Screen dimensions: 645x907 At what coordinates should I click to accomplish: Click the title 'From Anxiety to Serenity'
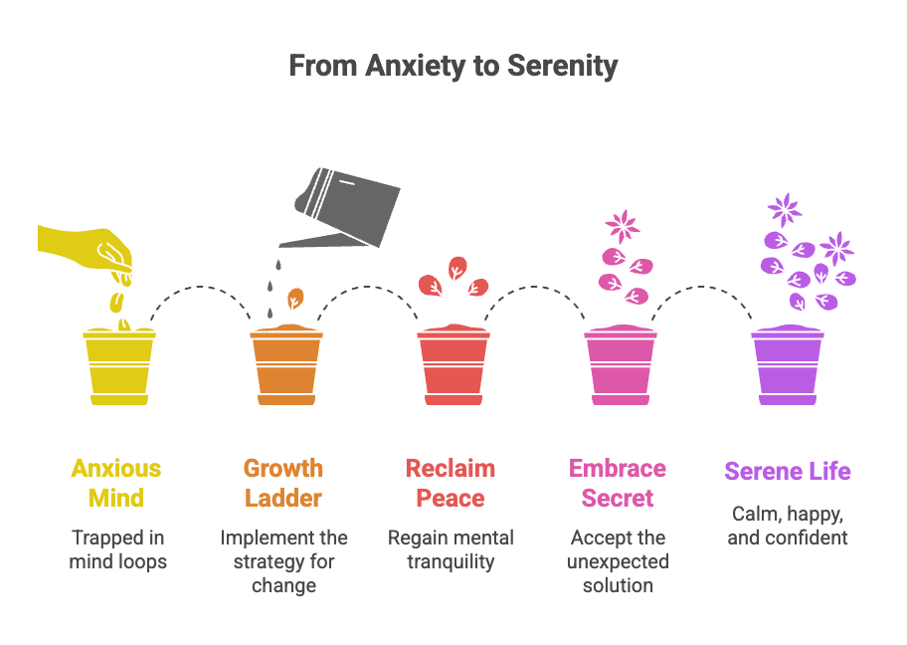453,67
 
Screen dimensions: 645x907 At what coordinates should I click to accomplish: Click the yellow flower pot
119,365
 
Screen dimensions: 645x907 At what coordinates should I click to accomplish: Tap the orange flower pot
286,365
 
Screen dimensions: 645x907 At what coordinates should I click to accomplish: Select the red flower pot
453,365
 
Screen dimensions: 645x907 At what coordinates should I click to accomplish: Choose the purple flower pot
788,365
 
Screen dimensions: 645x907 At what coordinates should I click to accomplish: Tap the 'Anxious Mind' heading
116,483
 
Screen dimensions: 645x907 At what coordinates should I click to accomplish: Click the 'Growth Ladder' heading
283,483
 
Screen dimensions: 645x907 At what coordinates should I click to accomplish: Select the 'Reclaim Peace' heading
451,483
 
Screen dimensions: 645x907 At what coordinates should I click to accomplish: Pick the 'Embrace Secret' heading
618,483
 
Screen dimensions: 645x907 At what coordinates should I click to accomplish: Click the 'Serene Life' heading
788,471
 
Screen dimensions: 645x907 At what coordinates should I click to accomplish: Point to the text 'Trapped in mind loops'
117,549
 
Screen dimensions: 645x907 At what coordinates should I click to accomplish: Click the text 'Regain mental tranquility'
451,549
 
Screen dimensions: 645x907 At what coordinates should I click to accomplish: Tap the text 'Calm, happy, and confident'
788,526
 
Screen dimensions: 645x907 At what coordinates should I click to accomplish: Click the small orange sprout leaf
295,298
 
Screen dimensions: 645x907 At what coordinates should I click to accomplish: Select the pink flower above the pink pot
623,226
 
